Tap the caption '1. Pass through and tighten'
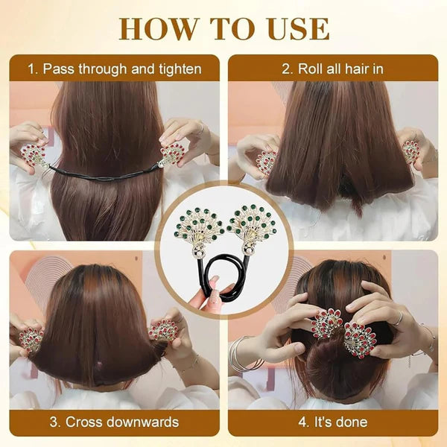(114, 69)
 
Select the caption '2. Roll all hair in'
(332, 69)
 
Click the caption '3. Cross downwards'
(114, 422)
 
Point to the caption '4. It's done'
(332, 422)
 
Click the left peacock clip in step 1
(32, 155)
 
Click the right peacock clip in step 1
(172, 153)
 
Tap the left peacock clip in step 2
(266, 162)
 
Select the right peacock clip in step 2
(410, 151)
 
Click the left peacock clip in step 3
(31, 339)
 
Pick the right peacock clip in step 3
(163, 331)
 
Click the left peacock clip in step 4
(326, 325)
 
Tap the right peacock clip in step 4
(360, 338)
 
